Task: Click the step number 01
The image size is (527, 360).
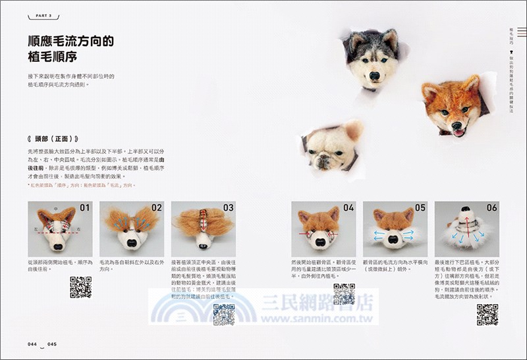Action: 84,208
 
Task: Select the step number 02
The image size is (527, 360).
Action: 156,208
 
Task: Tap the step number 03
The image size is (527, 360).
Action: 228,208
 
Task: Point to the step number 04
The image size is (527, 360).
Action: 348,208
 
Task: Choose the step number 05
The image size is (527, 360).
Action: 420,208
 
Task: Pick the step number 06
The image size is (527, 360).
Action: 491,208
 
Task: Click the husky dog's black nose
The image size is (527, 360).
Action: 374,76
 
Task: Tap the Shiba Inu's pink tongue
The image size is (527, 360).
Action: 458,132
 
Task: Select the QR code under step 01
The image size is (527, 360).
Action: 80,287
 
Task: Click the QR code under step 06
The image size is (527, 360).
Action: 487,315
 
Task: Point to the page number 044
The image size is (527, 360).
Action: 32,344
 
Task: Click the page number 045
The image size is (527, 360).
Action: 53,344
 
